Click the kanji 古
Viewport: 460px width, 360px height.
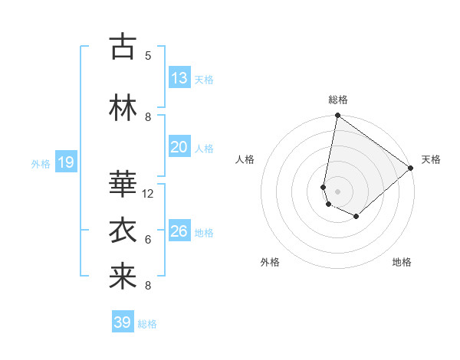pyautogui.click(x=123, y=47)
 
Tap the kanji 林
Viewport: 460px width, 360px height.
pyautogui.click(x=123, y=107)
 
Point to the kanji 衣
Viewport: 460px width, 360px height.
pyautogui.click(x=123, y=231)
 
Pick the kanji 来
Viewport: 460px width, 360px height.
pyautogui.click(x=123, y=277)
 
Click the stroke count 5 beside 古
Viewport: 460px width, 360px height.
pyautogui.click(x=148, y=55)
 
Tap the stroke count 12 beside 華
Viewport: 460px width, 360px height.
pyautogui.click(x=148, y=194)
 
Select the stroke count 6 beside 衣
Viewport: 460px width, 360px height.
pyautogui.click(x=148, y=240)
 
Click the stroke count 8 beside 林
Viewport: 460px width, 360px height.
pyautogui.click(x=148, y=116)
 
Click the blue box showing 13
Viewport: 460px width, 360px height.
pyautogui.click(x=179, y=78)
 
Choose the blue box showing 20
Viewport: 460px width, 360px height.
pyautogui.click(x=179, y=147)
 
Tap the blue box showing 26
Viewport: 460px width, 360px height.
pyautogui.click(x=179, y=231)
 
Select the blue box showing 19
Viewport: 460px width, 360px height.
pyautogui.click(x=65, y=162)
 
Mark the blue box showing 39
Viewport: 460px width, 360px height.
pyautogui.click(x=123, y=322)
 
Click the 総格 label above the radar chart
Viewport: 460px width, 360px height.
pyautogui.click(x=338, y=100)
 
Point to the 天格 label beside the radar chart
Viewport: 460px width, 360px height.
pyautogui.click(x=431, y=159)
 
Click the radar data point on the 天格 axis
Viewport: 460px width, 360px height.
pyautogui.click(x=411, y=168)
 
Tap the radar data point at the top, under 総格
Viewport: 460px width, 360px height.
pyautogui.click(x=337, y=116)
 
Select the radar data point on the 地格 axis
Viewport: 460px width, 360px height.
pyautogui.click(x=356, y=217)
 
